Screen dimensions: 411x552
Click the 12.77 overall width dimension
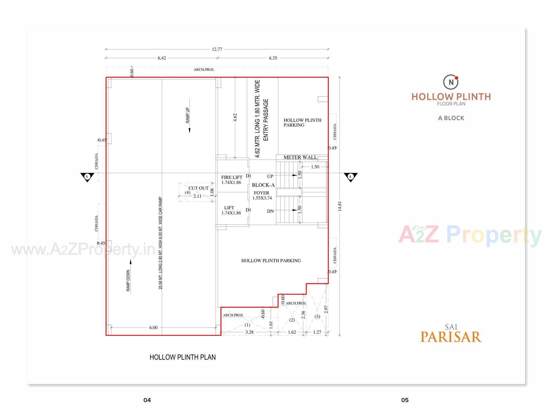217,49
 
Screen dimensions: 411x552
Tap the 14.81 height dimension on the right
340,206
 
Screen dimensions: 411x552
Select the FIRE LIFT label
232,178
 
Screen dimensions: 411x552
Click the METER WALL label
300,157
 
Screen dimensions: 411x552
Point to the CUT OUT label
198,188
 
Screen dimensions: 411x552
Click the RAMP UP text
188,115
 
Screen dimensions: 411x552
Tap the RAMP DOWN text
128,280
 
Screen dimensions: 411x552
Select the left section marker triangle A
87,177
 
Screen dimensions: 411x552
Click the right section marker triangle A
350,177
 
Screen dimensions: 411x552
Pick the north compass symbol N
451,82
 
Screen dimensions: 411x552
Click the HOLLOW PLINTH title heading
451,97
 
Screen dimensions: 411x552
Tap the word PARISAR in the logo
451,337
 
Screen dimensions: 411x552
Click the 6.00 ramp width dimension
153,328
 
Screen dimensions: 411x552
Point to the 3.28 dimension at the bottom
249,332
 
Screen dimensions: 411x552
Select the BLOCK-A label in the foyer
263,185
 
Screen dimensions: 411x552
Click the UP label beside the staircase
270,176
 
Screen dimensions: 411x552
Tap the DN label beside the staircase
270,211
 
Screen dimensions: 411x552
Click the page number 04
147,400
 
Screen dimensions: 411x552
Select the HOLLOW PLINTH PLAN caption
183,357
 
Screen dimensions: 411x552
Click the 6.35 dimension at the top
273,58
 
